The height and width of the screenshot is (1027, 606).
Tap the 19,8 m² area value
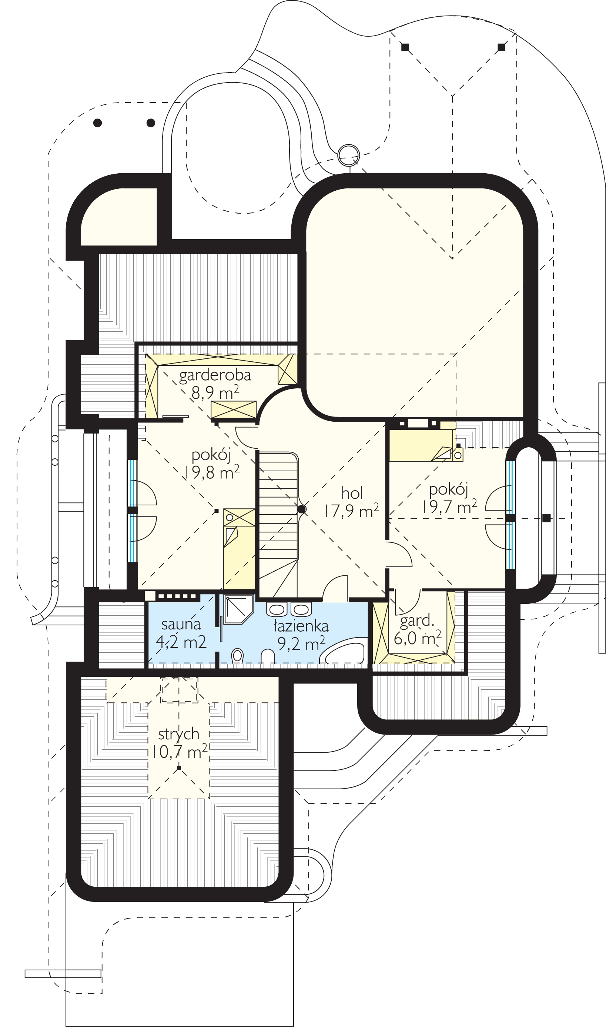click(211, 472)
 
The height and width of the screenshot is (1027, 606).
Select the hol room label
click(352, 493)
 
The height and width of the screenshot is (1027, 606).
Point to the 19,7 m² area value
click(449, 507)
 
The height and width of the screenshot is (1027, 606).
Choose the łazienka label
click(301, 626)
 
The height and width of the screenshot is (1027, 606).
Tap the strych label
click(178, 734)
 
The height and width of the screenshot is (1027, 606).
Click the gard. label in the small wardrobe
click(417, 621)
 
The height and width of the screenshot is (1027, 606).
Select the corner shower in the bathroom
click(238, 609)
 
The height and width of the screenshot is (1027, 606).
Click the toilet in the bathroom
click(237, 656)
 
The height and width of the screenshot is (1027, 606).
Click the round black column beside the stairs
click(301, 509)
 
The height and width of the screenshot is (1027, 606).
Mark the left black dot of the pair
click(98, 123)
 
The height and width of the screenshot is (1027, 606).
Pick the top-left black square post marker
click(405, 47)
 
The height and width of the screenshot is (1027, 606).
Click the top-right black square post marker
click(502, 47)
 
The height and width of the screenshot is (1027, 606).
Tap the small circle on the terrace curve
click(349, 155)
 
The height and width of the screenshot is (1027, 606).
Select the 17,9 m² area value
click(352, 511)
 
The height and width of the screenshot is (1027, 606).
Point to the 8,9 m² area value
click(215, 392)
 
